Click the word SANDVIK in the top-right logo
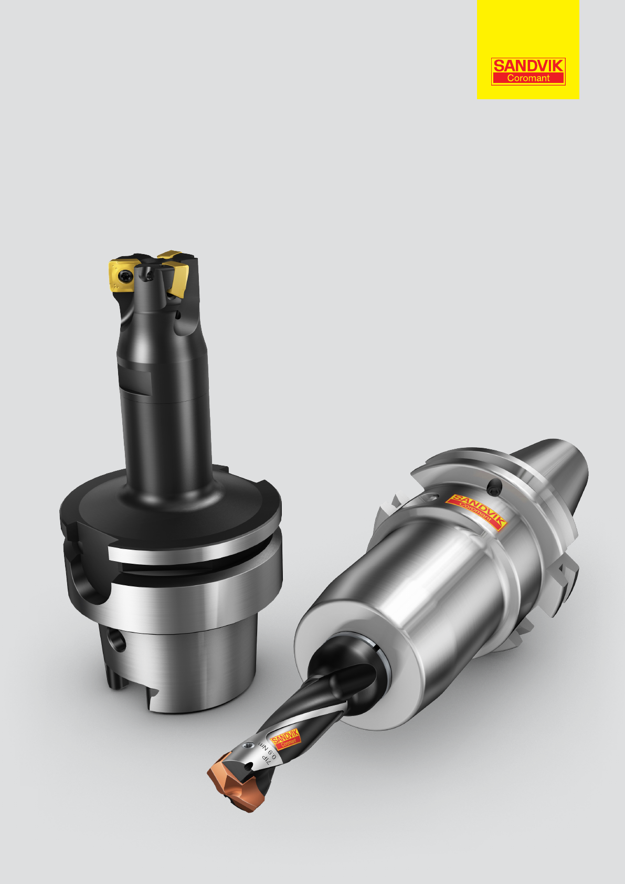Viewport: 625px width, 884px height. pyautogui.click(x=528, y=66)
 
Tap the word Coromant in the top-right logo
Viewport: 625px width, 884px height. pyautogui.click(x=528, y=78)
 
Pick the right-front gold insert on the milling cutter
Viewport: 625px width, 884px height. pyautogui.click(x=179, y=280)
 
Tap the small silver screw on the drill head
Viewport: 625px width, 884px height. pyautogui.click(x=248, y=745)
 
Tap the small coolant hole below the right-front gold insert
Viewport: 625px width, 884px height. pyautogui.click(x=178, y=314)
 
